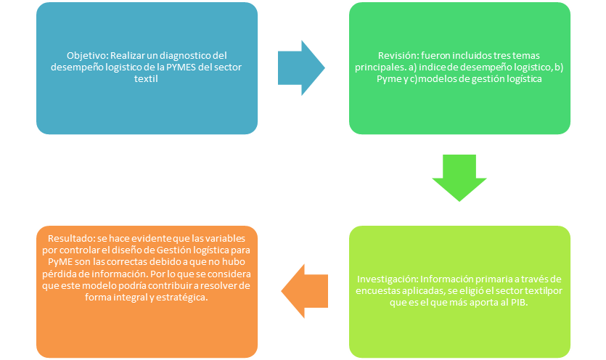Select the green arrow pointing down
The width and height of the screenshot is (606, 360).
tap(460, 179)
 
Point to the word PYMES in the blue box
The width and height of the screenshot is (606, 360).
tap(185, 67)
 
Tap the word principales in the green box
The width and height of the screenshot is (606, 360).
tap(382, 67)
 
